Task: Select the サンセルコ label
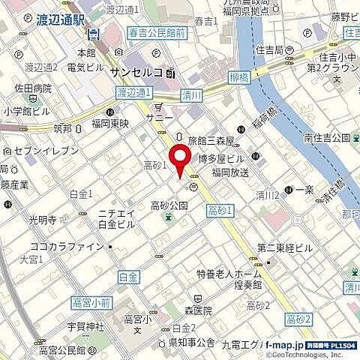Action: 136,73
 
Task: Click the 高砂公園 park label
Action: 169,205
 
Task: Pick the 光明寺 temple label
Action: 43,220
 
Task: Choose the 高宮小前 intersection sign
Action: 92,302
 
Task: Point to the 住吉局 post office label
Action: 288,50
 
